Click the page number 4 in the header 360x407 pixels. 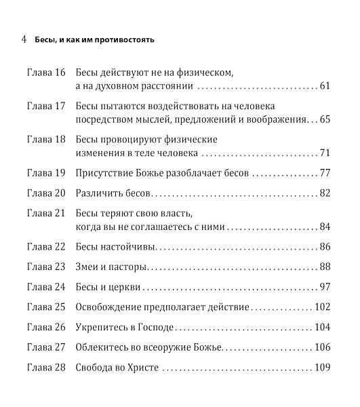[x=24, y=39]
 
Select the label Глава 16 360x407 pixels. [x=46, y=71]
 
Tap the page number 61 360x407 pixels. [x=323, y=86]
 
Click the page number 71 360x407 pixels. [x=323, y=153]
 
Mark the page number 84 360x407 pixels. [x=323, y=227]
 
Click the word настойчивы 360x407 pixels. [x=132, y=247]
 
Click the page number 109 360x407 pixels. [x=321, y=368]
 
